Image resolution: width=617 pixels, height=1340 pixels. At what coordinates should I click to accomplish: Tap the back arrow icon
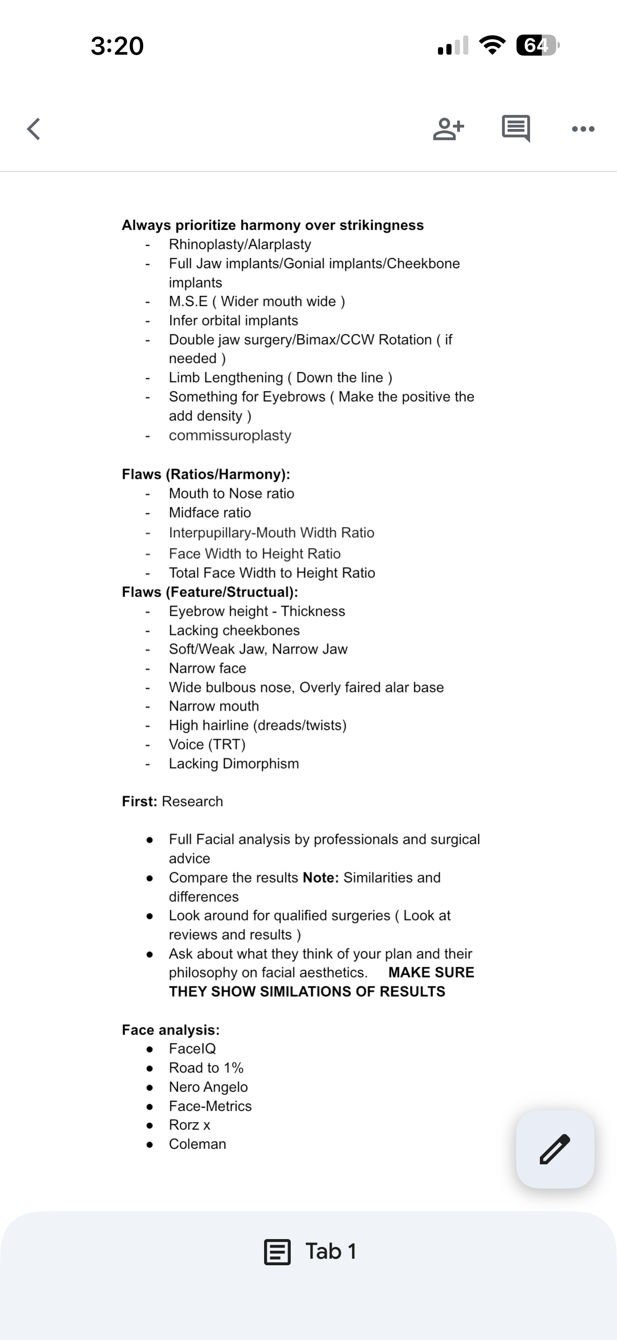(x=34, y=129)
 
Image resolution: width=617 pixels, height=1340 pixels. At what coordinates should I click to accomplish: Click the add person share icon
(x=448, y=129)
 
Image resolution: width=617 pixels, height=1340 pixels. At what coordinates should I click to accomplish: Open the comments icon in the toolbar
(x=516, y=128)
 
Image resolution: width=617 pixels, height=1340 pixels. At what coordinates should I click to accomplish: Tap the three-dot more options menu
(x=583, y=129)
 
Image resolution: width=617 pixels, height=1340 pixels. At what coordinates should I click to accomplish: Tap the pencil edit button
(x=554, y=1148)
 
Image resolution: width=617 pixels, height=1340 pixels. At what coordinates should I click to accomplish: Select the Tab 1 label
(x=330, y=1251)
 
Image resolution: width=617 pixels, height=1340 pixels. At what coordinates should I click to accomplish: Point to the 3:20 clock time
(x=117, y=46)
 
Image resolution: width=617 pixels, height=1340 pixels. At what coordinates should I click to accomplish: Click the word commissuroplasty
(x=230, y=435)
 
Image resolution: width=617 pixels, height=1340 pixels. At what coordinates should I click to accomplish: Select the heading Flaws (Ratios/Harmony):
(x=206, y=474)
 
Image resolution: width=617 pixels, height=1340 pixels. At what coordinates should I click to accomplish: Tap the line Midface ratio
(x=210, y=513)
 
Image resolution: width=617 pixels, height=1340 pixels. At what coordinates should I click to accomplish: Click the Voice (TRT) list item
(x=207, y=744)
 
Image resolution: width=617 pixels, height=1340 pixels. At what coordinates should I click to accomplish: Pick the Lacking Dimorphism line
(x=234, y=763)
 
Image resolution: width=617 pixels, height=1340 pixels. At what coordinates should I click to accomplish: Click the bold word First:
(x=139, y=802)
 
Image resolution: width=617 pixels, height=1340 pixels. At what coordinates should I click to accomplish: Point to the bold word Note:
(x=321, y=877)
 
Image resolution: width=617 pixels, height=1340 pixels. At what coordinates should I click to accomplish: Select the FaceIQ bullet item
(x=192, y=1049)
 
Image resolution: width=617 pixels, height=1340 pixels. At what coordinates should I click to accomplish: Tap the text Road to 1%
(x=206, y=1068)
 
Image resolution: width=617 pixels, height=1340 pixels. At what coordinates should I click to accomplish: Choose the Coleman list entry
(x=197, y=1144)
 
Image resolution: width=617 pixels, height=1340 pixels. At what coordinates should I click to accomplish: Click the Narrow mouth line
(x=214, y=706)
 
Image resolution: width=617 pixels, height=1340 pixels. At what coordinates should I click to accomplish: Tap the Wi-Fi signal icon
(x=492, y=45)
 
